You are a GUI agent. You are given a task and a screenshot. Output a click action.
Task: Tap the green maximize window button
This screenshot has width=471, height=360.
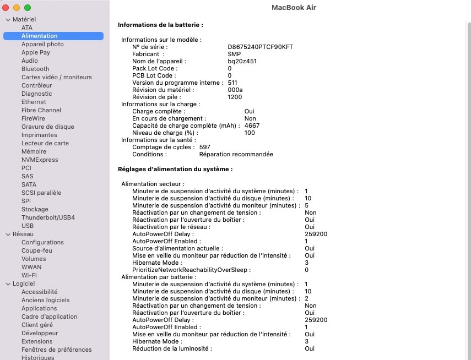click(28, 8)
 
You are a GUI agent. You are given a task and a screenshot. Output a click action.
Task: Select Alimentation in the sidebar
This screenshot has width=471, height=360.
click(39, 36)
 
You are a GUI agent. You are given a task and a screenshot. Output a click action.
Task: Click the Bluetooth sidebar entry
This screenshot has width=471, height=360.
click(35, 69)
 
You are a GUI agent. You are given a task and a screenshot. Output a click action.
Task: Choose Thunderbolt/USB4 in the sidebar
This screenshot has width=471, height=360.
click(48, 217)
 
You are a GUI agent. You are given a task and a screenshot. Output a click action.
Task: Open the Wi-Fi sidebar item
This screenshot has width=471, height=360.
click(29, 275)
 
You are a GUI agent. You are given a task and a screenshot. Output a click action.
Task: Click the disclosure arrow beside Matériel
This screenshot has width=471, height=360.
click(8, 19)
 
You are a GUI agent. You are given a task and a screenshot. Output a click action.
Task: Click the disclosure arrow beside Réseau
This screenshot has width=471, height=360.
click(8, 234)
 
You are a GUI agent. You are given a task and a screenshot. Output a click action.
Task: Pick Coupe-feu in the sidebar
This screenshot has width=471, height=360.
click(37, 250)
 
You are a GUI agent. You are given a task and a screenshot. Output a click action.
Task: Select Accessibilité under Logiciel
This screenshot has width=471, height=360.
click(39, 292)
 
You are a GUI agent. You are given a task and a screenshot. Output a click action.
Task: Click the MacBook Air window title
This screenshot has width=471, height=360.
click(294, 8)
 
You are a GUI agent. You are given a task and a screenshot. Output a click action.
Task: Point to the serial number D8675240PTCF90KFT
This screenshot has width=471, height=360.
click(260, 47)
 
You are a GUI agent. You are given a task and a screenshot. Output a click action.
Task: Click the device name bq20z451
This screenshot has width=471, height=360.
click(242, 61)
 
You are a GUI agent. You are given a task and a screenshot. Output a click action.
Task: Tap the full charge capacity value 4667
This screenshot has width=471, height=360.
click(252, 126)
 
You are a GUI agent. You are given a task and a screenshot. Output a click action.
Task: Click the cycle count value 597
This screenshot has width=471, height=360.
click(205, 147)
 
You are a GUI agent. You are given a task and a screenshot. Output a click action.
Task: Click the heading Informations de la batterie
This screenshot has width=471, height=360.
click(160, 25)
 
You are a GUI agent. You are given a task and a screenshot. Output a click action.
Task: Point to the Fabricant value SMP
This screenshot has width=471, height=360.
click(234, 54)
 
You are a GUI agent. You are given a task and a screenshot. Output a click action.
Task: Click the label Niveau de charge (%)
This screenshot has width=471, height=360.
click(165, 133)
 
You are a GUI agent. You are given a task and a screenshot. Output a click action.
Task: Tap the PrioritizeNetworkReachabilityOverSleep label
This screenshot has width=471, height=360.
click(191, 270)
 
